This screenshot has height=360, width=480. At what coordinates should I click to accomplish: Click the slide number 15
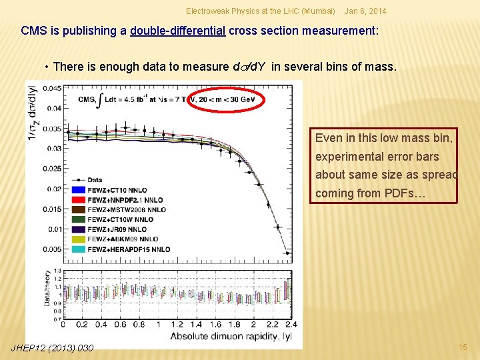463,347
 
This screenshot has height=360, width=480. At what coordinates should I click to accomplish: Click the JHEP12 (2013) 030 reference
53,347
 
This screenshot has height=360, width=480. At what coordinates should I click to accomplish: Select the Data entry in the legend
93,180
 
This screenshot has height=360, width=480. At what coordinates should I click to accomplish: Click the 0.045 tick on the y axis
50,88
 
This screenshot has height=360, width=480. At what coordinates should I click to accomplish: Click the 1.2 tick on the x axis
177,325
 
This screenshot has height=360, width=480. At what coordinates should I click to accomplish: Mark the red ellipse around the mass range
226,100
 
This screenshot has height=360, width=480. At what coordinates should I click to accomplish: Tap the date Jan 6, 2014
365,11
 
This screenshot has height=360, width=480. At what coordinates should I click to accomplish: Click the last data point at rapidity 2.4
287,252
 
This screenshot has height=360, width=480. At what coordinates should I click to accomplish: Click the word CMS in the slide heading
33,31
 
